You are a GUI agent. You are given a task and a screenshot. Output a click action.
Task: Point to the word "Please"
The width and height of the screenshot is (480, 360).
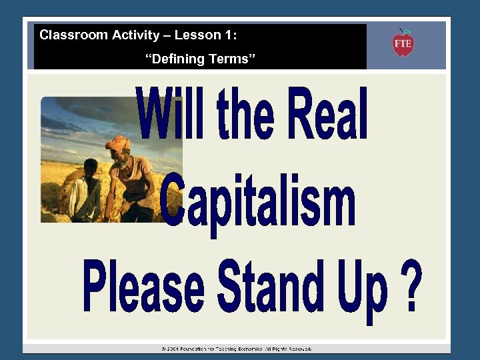click(143, 288)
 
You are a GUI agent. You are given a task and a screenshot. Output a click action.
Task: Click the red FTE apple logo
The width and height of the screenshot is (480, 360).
click(403, 43)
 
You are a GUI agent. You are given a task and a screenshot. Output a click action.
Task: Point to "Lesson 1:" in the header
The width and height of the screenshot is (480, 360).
click(209, 35)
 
